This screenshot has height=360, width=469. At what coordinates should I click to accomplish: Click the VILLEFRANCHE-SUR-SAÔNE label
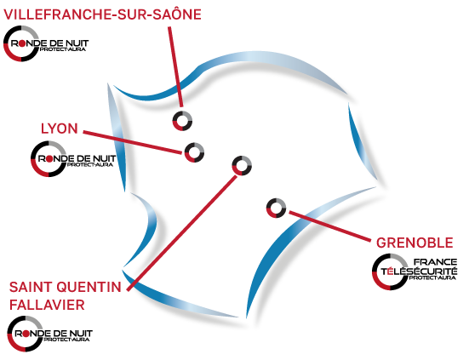point(102,14)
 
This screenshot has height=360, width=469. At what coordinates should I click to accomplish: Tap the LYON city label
point(60,129)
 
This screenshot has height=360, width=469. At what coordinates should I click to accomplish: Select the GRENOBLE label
point(415,243)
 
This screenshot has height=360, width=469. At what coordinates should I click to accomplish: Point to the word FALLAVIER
point(47,305)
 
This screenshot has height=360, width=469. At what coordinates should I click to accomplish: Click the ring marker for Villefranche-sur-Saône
point(182,115)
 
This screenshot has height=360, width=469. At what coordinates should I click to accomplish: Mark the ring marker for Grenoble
point(276,202)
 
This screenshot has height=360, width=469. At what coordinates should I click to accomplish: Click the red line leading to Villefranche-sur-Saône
point(175,66)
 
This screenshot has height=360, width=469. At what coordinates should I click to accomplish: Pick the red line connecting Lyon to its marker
point(132,142)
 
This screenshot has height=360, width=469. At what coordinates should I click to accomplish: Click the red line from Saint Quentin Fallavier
point(182,233)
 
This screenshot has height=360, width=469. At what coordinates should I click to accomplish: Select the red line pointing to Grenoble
point(330,226)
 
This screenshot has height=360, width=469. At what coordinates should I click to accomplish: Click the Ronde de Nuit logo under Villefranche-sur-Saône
point(46,43)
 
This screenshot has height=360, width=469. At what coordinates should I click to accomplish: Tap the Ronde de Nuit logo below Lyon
point(73,159)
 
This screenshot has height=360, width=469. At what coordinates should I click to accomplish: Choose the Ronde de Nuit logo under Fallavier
point(50,334)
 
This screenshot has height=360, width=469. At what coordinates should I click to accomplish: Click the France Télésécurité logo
point(415,271)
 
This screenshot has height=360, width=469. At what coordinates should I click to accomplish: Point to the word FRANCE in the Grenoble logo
point(435,262)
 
